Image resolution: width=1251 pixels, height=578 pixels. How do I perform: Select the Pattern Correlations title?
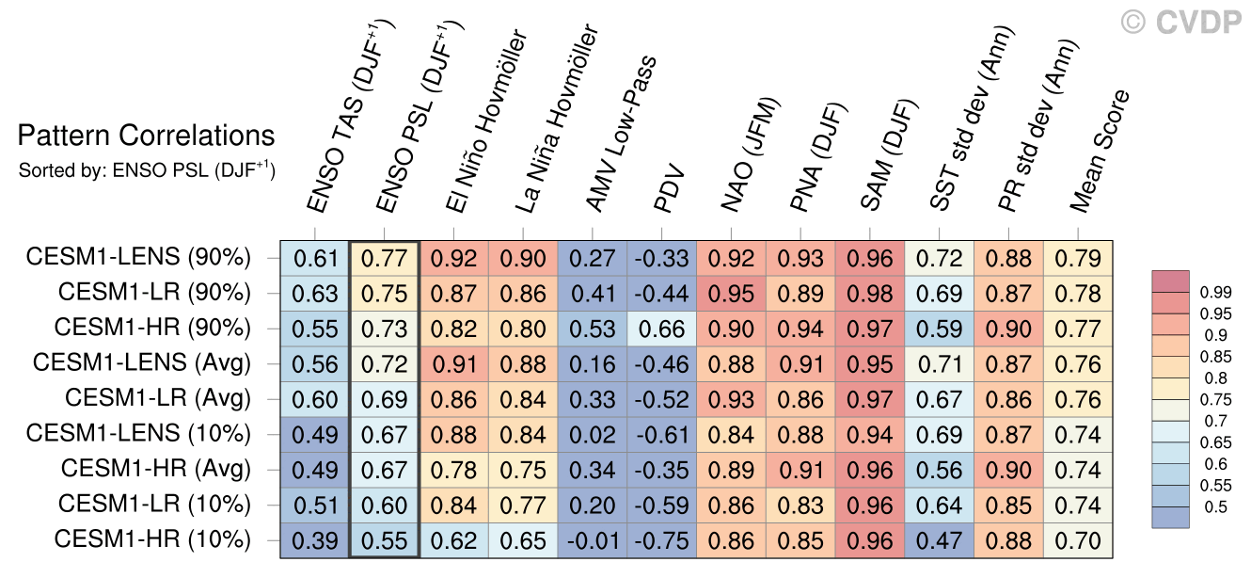146,136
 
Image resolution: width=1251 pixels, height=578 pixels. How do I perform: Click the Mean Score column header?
1100,151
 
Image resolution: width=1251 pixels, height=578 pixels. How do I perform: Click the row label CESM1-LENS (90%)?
138,256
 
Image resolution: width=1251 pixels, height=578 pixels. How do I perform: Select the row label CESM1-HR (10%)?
152,540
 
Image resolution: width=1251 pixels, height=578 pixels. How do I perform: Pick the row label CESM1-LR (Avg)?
158,398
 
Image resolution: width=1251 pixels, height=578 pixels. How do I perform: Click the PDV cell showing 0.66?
662,328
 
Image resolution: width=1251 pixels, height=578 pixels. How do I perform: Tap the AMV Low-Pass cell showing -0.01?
593,540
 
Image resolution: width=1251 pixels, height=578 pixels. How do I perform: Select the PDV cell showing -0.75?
662,540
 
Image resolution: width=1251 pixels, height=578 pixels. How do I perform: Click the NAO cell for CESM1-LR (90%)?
732,292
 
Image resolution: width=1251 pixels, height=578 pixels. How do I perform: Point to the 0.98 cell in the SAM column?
871,292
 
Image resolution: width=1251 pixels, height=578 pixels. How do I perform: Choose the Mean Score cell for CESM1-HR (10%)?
1078,540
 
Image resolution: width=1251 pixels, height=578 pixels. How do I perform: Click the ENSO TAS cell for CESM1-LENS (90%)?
314,256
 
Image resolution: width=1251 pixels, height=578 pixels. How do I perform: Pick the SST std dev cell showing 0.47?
940,540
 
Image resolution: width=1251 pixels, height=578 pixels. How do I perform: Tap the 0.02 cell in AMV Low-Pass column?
593,434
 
